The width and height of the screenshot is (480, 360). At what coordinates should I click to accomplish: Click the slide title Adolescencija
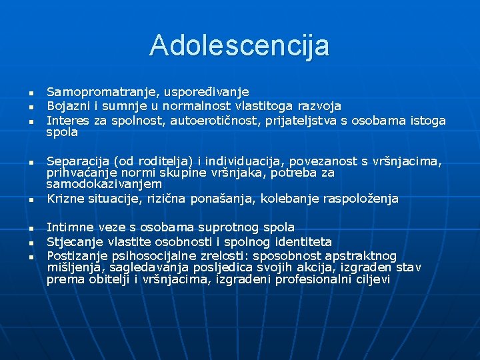[x=239, y=45]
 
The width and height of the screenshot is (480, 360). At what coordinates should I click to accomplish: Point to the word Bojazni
[x=65, y=106]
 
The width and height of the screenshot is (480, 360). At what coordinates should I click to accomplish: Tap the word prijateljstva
[x=302, y=120]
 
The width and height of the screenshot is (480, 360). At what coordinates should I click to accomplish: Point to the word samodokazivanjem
[x=104, y=184]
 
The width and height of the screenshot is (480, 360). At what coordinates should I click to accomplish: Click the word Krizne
[x=64, y=198]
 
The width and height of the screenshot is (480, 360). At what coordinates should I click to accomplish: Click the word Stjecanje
[x=72, y=241]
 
